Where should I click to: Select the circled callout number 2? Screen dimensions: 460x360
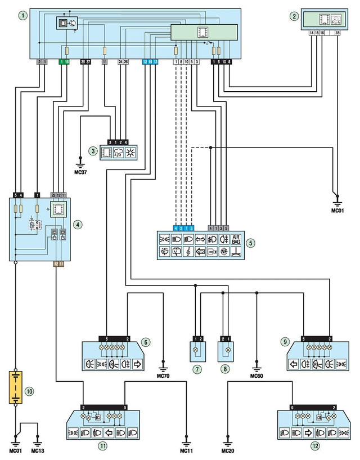coord(293,16)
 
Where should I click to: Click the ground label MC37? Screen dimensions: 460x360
coord(80,169)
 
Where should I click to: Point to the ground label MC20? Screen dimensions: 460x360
coord(228,450)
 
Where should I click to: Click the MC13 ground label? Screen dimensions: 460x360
coord(38,450)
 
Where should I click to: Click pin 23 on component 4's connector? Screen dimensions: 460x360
coord(53,194)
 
